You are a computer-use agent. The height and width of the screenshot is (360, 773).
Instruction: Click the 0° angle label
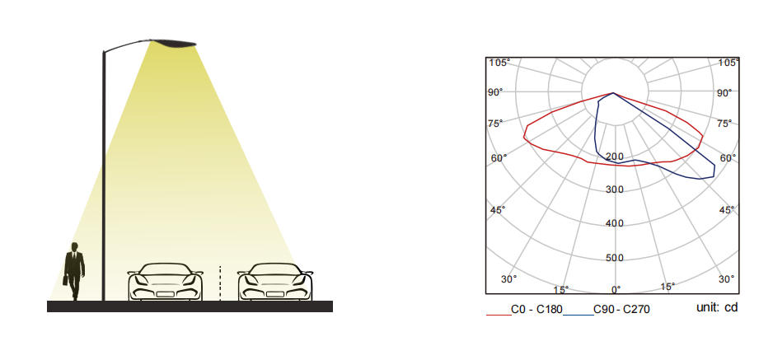616,289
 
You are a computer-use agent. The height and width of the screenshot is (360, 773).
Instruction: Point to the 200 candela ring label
615,157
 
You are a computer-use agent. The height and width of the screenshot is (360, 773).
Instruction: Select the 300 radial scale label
615,189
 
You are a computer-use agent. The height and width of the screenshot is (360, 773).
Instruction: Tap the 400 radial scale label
615,223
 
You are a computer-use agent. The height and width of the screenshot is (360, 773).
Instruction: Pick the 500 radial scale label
615,258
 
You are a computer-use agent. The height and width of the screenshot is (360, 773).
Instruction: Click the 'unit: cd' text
717,308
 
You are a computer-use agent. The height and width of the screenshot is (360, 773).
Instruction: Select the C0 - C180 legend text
536,309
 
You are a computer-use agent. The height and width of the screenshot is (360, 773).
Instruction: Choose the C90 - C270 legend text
621,309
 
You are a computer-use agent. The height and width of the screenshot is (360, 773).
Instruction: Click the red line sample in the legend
499,314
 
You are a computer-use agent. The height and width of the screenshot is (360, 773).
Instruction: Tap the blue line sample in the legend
578,314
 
